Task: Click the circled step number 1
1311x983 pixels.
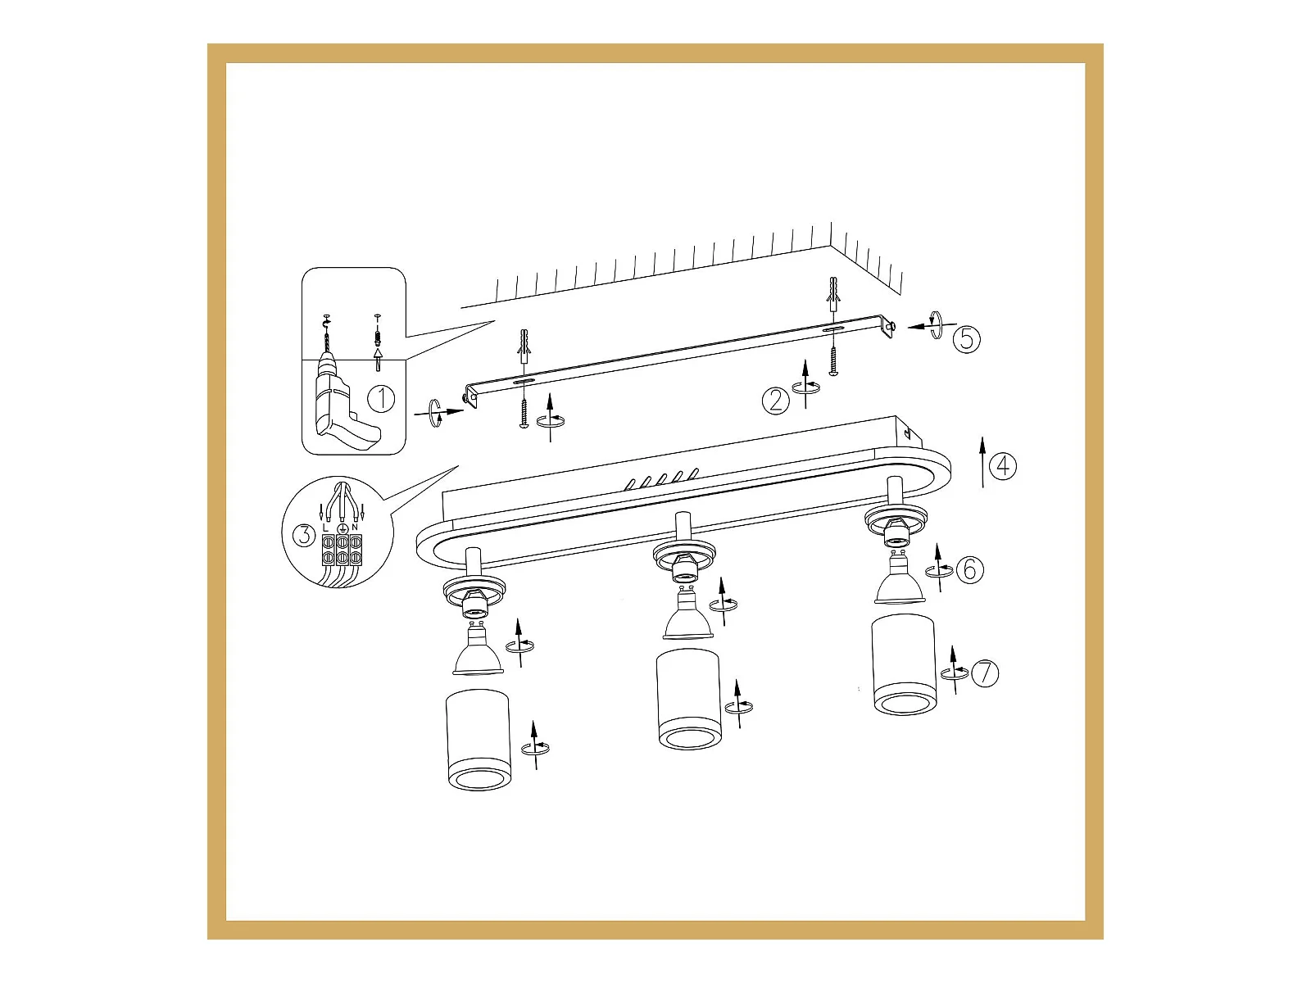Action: pos(380,399)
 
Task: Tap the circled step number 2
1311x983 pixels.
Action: pos(776,401)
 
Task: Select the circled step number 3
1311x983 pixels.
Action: pos(304,535)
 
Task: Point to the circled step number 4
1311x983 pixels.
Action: pos(1003,466)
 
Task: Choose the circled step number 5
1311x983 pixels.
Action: pos(966,339)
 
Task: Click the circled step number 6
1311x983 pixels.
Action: pos(969,569)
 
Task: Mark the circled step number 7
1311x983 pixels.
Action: pos(985,673)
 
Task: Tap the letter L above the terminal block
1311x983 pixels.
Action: pos(325,528)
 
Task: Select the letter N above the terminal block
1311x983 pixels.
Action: pos(355,528)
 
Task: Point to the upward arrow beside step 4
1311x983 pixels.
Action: pos(982,462)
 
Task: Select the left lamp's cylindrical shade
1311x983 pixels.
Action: pos(479,740)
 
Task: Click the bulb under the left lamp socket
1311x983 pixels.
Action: pos(478,650)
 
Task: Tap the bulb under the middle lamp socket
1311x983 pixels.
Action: pos(687,614)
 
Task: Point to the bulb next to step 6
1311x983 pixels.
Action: pos(900,578)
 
